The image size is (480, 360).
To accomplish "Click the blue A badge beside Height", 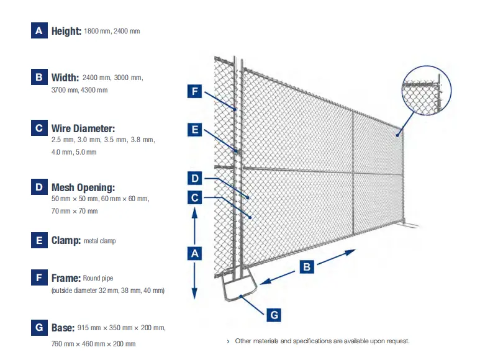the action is click(x=39, y=30).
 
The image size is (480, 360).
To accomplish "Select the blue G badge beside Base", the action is click(x=39, y=327).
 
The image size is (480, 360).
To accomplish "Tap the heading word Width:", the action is click(x=65, y=78).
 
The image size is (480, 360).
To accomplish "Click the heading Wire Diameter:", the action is click(x=83, y=128).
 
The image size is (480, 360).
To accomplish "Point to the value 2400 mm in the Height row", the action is click(x=127, y=31).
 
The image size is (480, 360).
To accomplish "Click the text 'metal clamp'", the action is click(x=100, y=241).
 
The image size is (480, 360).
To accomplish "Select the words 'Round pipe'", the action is click(x=98, y=278).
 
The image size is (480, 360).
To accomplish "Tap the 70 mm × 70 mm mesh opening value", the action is click(x=75, y=211).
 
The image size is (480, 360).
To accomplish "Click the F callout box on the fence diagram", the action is click(x=195, y=91).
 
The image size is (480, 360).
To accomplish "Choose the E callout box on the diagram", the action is click(x=195, y=130).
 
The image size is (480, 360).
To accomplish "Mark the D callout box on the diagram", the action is click(x=195, y=178).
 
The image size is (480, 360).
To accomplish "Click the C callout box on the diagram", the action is click(x=195, y=197).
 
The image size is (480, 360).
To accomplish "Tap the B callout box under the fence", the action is click(x=307, y=267).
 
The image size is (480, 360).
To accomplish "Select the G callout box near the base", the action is click(x=274, y=315).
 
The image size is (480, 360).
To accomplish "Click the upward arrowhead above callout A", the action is click(x=194, y=212).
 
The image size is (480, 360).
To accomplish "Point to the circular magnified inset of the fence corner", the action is click(x=427, y=91).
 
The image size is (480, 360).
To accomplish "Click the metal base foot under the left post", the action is click(x=238, y=284).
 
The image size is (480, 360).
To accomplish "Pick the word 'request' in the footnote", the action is click(x=397, y=341).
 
